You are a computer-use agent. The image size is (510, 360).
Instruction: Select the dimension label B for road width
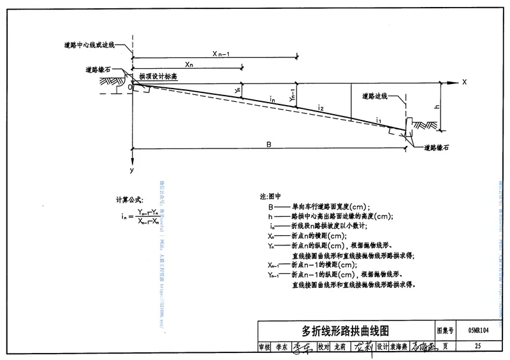click(269, 145)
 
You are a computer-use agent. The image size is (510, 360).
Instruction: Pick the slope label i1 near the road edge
click(378, 120)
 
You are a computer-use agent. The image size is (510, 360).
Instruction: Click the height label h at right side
click(437, 107)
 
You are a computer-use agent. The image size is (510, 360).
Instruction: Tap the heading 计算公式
click(129, 200)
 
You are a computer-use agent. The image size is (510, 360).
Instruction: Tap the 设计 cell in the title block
click(382, 347)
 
